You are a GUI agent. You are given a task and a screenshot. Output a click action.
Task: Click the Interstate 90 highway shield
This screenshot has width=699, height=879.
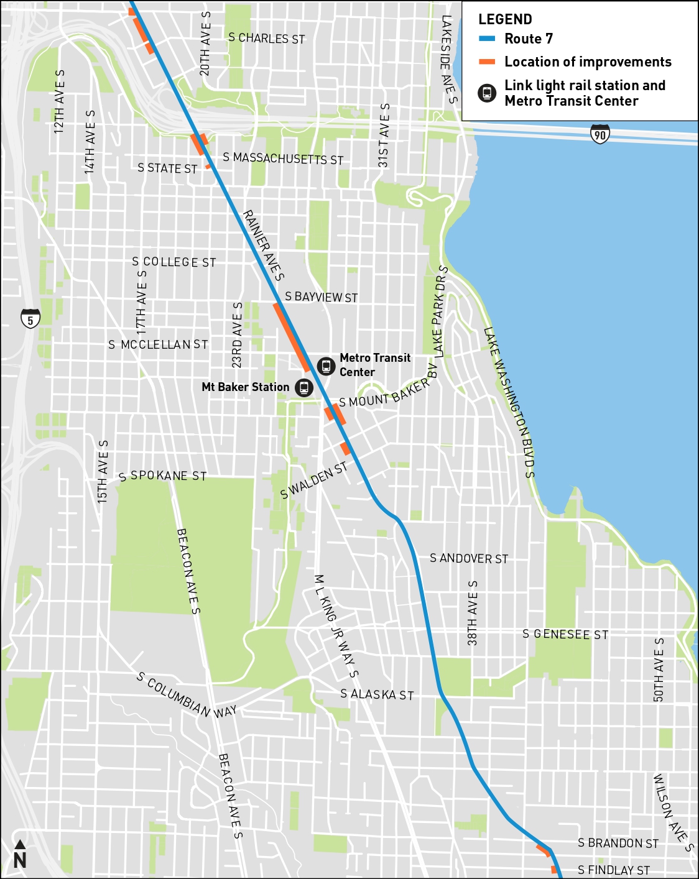point(599,134)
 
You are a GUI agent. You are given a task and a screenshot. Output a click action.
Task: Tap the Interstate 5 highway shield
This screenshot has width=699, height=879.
point(30,318)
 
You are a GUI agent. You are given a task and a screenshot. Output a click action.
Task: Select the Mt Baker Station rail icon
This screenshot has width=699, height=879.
point(303,387)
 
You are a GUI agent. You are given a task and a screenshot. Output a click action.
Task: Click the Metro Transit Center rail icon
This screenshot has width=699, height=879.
point(326,366)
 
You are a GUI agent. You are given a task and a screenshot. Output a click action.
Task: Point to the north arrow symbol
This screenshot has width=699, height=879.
point(19,855)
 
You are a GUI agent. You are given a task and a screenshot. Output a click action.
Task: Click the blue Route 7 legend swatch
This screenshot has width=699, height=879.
point(487,39)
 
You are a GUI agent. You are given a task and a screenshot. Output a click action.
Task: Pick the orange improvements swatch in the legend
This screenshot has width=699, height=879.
point(487,62)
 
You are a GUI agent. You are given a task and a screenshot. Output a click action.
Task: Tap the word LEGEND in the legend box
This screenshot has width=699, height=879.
point(505,19)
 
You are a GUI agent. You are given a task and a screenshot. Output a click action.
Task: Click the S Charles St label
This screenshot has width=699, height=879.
point(266,39)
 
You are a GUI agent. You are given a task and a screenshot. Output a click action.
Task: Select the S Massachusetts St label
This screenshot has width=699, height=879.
point(283,159)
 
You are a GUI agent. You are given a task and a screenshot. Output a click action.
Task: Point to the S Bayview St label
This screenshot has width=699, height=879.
point(321,297)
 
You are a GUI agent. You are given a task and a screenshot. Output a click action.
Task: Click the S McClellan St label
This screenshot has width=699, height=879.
point(158,344)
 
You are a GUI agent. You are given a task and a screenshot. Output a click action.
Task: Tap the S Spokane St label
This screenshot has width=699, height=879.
point(162,476)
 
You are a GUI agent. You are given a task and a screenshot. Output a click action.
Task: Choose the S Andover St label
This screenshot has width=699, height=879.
point(469,559)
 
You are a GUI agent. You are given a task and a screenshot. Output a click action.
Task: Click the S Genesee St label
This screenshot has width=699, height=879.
point(565,635)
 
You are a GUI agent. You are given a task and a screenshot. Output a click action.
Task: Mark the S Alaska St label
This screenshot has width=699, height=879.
point(377,694)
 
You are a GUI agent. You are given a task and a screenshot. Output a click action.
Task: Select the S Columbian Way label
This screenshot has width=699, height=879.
point(186,695)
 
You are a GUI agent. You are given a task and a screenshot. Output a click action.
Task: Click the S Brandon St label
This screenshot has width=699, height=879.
point(618,844)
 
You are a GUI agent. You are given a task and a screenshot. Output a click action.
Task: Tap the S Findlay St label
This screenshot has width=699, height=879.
point(613,870)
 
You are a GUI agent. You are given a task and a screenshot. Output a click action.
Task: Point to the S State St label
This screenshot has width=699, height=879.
point(167,168)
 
